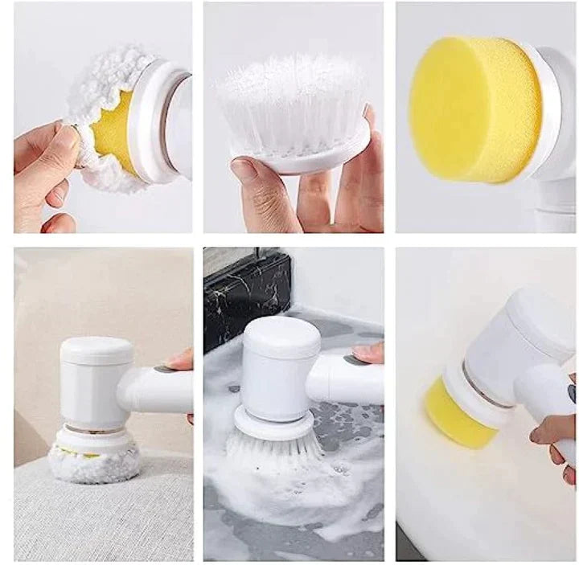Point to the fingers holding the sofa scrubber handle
pos(181,362)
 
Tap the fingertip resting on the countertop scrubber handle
pos(368,352)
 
